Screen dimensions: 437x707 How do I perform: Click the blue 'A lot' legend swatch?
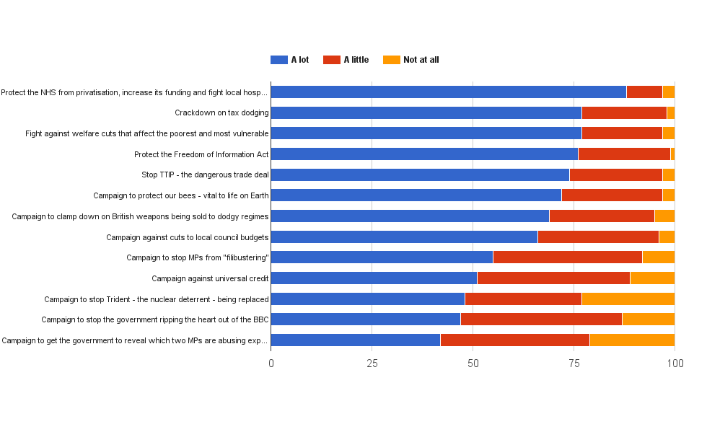point(278,60)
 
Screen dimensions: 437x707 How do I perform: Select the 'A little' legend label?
point(356,60)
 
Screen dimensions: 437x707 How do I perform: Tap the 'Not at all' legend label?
point(421,60)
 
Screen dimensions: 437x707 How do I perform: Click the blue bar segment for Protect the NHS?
point(448,92)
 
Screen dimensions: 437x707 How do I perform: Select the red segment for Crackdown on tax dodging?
point(624,112)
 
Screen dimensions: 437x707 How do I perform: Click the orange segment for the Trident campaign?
point(628,299)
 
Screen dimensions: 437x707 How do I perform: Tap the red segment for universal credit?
point(553,278)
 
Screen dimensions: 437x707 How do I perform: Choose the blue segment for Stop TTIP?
point(420,175)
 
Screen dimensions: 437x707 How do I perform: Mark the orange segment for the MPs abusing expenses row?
point(632,340)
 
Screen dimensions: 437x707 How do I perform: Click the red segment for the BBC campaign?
point(541,319)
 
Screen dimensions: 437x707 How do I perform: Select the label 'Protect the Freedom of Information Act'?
point(201,154)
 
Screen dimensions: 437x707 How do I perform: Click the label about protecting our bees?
point(180,195)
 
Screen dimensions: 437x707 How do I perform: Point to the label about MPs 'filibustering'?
point(197,257)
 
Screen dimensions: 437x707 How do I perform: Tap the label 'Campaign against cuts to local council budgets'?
point(187,237)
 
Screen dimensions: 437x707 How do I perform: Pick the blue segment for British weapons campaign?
point(410,216)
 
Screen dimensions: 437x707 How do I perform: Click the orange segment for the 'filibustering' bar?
point(658,257)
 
